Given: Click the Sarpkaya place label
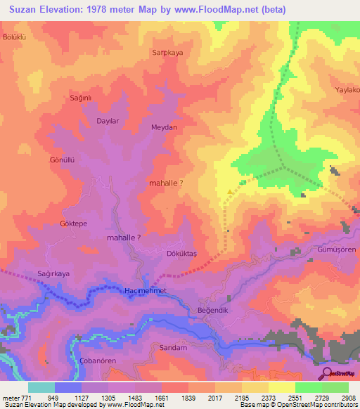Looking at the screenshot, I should [x=167, y=52].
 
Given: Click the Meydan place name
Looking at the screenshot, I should [x=164, y=127].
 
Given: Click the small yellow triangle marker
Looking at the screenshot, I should [x=230, y=191].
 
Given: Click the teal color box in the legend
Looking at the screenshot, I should [x=41, y=387].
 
